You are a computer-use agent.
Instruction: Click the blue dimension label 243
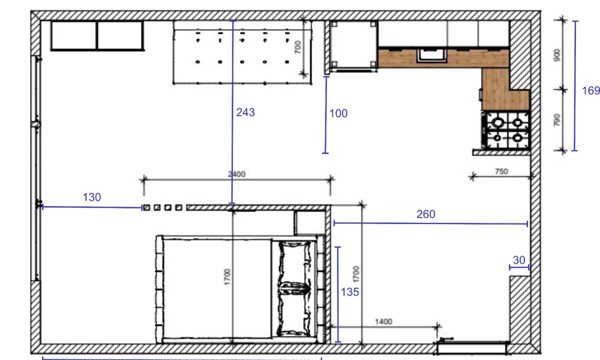(x=245, y=112)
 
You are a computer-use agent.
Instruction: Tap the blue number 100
(x=338, y=113)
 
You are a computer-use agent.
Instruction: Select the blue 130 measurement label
(x=92, y=197)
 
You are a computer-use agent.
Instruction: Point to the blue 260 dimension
(x=425, y=214)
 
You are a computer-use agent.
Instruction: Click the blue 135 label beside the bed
(x=349, y=292)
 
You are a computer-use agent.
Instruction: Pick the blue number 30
(x=519, y=260)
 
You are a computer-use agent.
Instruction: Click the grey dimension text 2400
(x=236, y=174)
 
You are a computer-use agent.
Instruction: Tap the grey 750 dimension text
(x=501, y=171)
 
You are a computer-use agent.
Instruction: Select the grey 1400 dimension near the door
(x=383, y=321)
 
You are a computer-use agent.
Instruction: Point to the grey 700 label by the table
(x=297, y=47)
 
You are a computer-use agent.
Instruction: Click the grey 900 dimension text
(x=556, y=55)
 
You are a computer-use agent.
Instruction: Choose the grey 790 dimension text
(x=556, y=120)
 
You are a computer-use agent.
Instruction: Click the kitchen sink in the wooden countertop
(x=431, y=55)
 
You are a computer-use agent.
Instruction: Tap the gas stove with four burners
(x=506, y=130)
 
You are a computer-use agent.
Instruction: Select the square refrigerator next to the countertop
(x=353, y=45)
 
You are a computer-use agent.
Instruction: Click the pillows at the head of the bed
(x=294, y=288)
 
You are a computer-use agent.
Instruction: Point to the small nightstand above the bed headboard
(x=309, y=223)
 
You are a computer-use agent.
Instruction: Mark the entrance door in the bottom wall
(x=472, y=347)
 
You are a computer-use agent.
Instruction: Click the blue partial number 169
(x=590, y=90)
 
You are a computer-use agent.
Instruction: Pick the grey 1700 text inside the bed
(x=227, y=277)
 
